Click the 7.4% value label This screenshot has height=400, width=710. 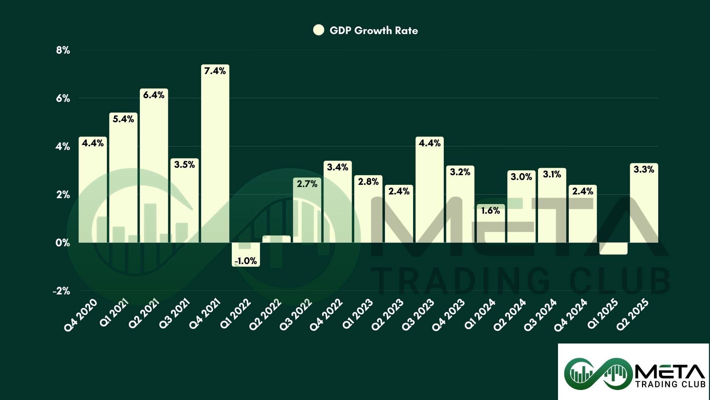(x=215, y=71)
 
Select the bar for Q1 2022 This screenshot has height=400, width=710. (x=246, y=254)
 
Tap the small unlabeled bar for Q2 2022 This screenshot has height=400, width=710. (x=276, y=239)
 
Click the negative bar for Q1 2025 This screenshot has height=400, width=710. (x=613, y=249)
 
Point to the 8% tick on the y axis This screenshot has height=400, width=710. (x=63, y=50)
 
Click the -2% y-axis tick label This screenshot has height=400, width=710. (x=61, y=291)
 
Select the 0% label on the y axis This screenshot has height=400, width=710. (x=63, y=243)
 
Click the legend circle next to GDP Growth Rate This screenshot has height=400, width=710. (x=318, y=30)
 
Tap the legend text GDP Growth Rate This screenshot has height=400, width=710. (x=373, y=30)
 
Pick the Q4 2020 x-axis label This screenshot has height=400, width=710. (x=81, y=315)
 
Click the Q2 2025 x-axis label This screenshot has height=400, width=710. (x=633, y=315)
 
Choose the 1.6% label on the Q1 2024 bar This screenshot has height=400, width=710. (x=490, y=211)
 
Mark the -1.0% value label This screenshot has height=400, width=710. (x=246, y=261)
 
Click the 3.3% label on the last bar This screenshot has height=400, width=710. (x=644, y=170)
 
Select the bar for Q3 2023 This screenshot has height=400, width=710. (x=429, y=193)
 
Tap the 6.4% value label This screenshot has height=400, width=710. (x=153, y=95)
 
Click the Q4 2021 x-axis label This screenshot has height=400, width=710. (x=204, y=315)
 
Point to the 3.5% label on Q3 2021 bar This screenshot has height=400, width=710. (x=184, y=165)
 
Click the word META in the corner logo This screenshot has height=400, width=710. (x=669, y=371)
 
